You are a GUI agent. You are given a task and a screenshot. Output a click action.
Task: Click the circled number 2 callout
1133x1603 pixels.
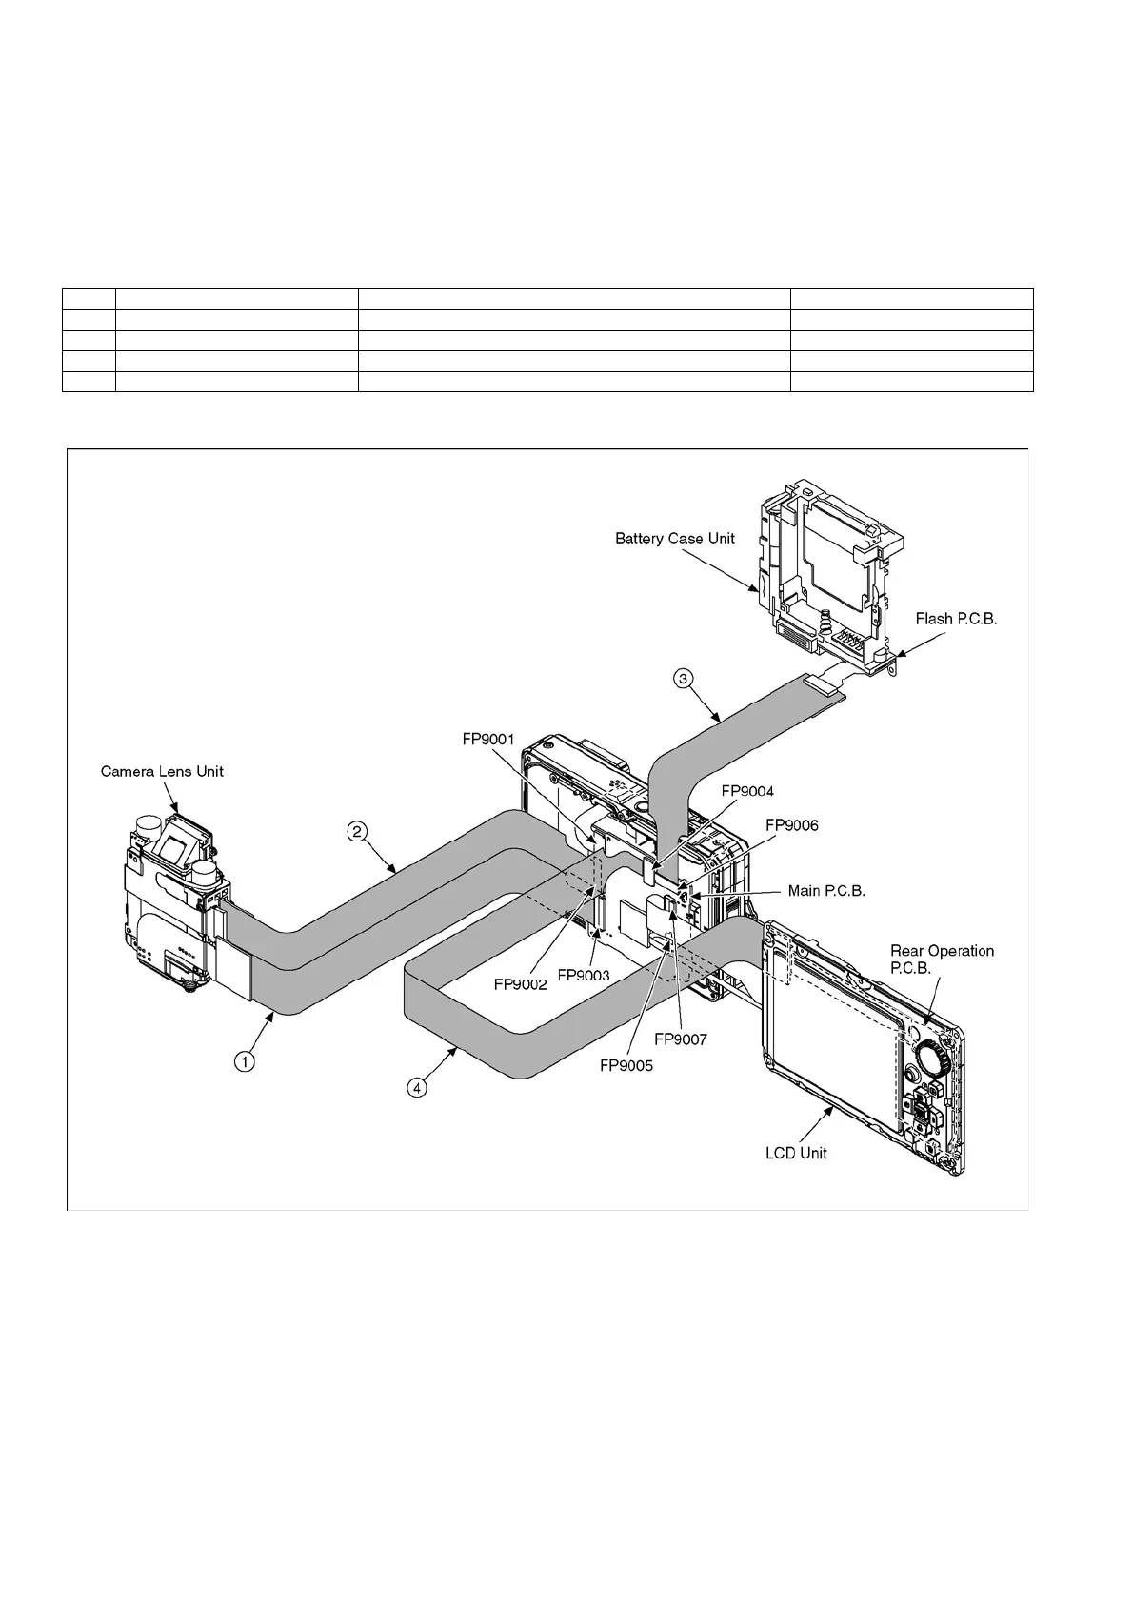click(355, 832)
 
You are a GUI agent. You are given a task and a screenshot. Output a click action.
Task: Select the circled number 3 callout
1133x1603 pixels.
click(684, 679)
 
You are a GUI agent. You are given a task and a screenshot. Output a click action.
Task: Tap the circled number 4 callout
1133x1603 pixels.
click(417, 1086)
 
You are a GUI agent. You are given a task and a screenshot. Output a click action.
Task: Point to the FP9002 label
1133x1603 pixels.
click(521, 985)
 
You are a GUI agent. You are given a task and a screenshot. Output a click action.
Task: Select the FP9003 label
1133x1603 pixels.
click(583, 976)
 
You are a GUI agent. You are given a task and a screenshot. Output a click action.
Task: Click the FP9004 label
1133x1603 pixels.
click(747, 791)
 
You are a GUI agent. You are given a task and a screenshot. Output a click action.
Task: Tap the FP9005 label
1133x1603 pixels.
click(626, 1065)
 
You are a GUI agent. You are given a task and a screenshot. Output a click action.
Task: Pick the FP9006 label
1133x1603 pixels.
click(792, 824)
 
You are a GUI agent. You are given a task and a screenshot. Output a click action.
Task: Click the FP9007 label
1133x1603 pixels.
click(681, 1039)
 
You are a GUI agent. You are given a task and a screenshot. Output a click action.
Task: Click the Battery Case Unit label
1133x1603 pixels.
click(675, 538)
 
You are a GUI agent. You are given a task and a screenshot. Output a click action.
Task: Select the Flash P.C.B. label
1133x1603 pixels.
click(956, 619)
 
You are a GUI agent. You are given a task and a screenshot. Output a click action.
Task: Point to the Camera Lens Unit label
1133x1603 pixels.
click(162, 770)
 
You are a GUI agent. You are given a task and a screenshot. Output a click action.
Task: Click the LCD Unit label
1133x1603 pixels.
click(796, 1153)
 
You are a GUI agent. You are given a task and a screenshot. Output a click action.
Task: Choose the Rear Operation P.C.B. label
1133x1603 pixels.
click(942, 959)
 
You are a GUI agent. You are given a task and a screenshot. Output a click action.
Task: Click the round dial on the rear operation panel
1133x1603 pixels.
click(933, 1055)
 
